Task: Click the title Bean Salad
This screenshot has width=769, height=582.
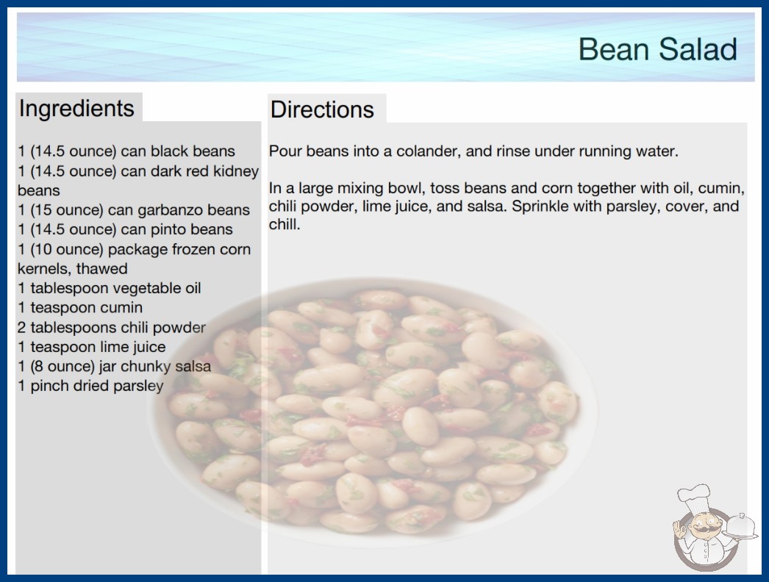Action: [658, 49]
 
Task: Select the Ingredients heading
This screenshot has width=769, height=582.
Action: [76, 109]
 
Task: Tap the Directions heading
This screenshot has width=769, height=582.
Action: [322, 109]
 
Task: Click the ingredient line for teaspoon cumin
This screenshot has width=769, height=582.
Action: [80, 307]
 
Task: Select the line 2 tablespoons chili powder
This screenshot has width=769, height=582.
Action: [111, 327]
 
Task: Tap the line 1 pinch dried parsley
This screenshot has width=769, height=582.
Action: [90, 386]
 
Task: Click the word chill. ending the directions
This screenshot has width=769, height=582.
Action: [285, 225]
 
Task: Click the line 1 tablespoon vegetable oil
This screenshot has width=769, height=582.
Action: [110, 288]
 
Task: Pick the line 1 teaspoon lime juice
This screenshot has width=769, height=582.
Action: [92, 347]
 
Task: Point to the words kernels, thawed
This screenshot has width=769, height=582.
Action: [73, 269]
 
